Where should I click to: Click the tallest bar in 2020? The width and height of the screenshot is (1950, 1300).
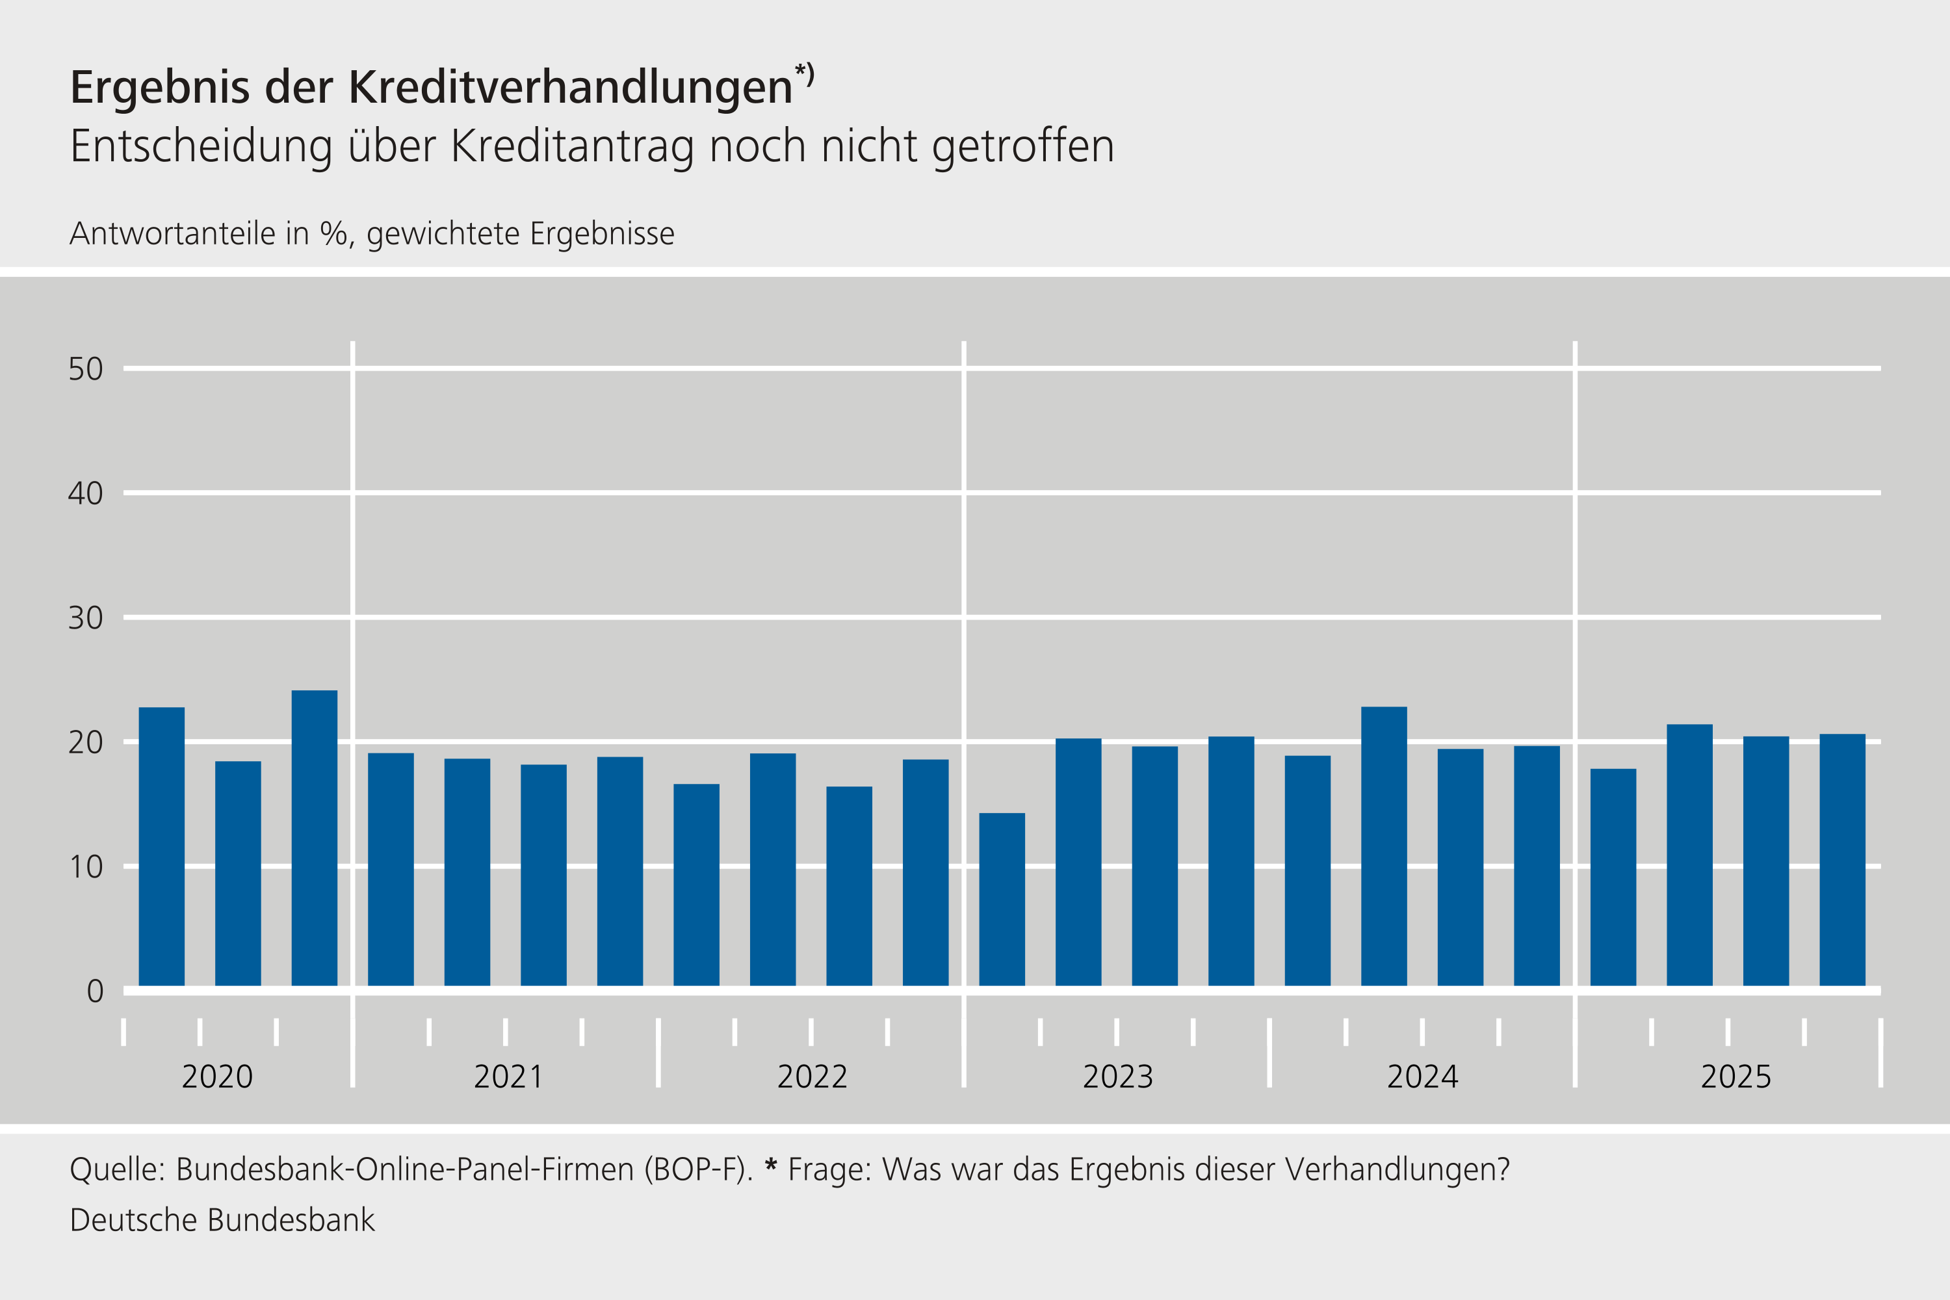314,837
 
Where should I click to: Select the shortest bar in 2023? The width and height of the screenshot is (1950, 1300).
1002,900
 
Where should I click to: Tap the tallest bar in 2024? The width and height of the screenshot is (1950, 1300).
1384,846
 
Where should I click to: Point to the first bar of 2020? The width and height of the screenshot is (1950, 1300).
162,846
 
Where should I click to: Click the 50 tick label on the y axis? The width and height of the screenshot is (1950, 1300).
85,369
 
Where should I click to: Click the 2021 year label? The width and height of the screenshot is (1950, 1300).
508,1077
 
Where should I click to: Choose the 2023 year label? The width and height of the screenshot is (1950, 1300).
1117,1077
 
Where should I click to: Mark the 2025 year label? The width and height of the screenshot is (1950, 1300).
1735,1077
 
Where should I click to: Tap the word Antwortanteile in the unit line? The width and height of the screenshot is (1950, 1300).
172,234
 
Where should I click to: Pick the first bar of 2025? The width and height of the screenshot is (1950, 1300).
1613,877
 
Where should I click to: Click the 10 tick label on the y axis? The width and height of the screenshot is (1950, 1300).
85,867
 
